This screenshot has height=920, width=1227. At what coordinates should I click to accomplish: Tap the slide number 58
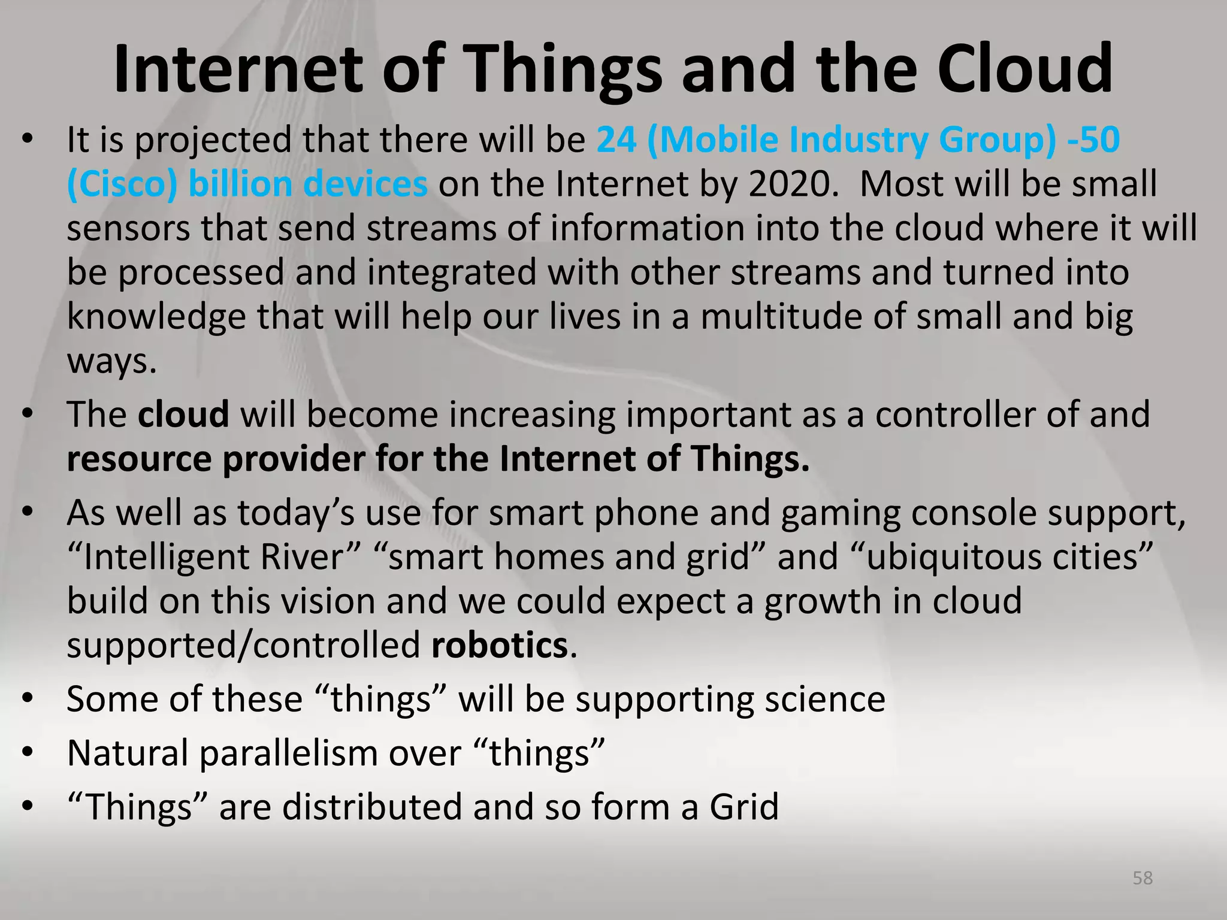click(x=1143, y=878)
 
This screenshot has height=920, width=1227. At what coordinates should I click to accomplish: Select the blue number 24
click(x=616, y=140)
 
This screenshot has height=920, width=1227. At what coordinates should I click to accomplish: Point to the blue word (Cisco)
click(x=122, y=184)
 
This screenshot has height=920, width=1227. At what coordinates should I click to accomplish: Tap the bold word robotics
click(x=499, y=646)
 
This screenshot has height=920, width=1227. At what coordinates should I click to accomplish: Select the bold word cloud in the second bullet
click(x=183, y=414)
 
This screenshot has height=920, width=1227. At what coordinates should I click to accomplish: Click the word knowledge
click(x=156, y=317)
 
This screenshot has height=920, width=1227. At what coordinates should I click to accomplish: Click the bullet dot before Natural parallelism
click(x=27, y=753)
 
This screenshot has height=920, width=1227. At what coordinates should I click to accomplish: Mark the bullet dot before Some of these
click(x=27, y=700)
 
